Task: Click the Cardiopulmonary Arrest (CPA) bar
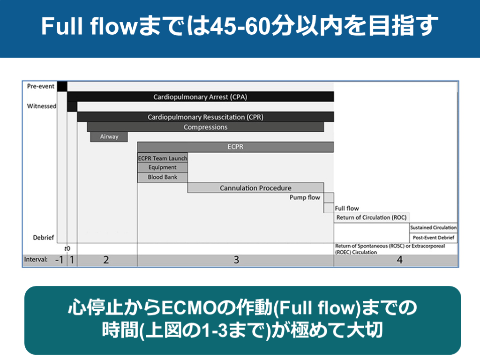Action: coord(200,97)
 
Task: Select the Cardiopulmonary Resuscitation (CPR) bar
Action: coord(205,117)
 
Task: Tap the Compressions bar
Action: coord(205,127)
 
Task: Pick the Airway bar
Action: coord(109,137)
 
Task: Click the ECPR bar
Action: coord(235,147)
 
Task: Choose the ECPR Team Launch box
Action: coord(162,158)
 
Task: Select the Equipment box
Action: coord(162,167)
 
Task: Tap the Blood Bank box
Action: coord(162,177)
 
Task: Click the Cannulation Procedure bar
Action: coord(255,188)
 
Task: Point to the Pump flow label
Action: coord(305,197)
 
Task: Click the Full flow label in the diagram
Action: coord(347,208)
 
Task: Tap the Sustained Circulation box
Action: coord(433,227)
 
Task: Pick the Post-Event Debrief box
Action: coord(433,237)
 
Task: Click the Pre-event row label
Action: coord(40,86)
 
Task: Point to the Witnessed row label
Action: coord(41,106)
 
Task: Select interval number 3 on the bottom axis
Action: coord(236,260)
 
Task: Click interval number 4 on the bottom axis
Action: coord(399,260)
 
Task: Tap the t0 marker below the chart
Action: coord(67,248)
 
